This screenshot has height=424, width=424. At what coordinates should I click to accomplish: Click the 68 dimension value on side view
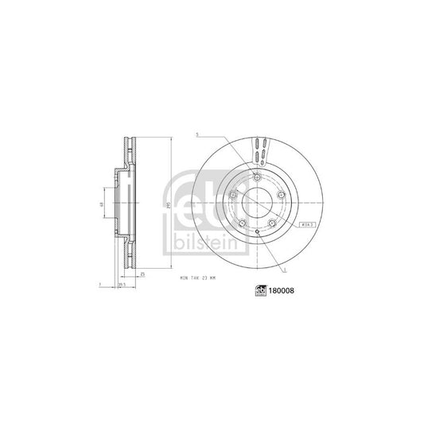[101, 206]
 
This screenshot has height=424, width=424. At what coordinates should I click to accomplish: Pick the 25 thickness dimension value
[142, 274]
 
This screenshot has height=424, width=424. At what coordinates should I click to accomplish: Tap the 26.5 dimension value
[122, 284]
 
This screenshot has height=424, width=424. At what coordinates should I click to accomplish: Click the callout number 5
[195, 136]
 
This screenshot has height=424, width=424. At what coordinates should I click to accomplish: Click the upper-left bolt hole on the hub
[231, 194]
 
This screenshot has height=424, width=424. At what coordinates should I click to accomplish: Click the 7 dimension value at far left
[95, 284]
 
